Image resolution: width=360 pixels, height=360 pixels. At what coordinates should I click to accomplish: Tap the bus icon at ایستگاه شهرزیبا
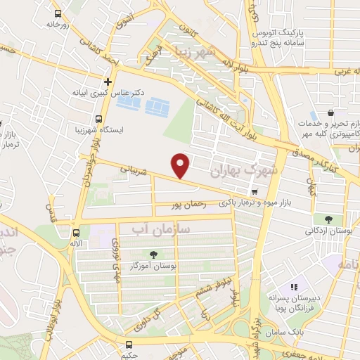tap(98, 119)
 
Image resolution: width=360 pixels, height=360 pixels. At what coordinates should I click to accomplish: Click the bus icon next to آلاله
tap(77, 233)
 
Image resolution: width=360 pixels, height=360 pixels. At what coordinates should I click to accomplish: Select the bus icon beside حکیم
tap(129, 345)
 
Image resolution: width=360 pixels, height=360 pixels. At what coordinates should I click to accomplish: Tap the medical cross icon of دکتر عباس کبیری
tap(108, 81)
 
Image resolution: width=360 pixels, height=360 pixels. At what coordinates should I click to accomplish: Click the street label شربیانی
tap(134, 170)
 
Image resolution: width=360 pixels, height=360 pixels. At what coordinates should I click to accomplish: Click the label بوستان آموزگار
tap(153, 266)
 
